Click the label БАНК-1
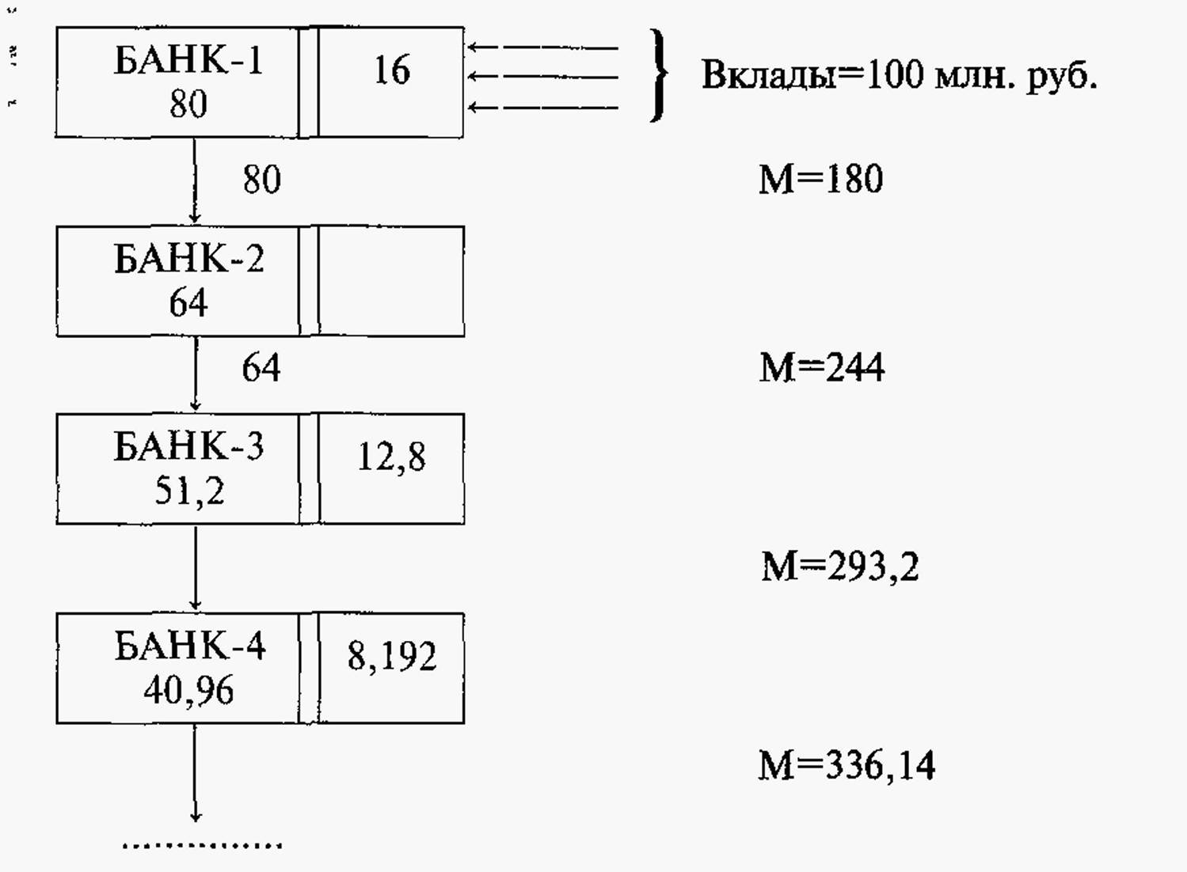188,60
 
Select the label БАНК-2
188,259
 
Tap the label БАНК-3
188,445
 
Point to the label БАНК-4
190,646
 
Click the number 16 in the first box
392,70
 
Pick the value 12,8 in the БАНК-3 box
392,457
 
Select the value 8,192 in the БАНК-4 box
392,657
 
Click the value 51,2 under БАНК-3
189,491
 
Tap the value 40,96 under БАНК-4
188,691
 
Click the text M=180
821,179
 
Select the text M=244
822,367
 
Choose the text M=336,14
846,766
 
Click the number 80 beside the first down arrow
262,180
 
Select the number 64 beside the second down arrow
261,367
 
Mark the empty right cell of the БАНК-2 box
392,281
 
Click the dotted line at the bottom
202,846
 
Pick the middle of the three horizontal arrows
542,78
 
